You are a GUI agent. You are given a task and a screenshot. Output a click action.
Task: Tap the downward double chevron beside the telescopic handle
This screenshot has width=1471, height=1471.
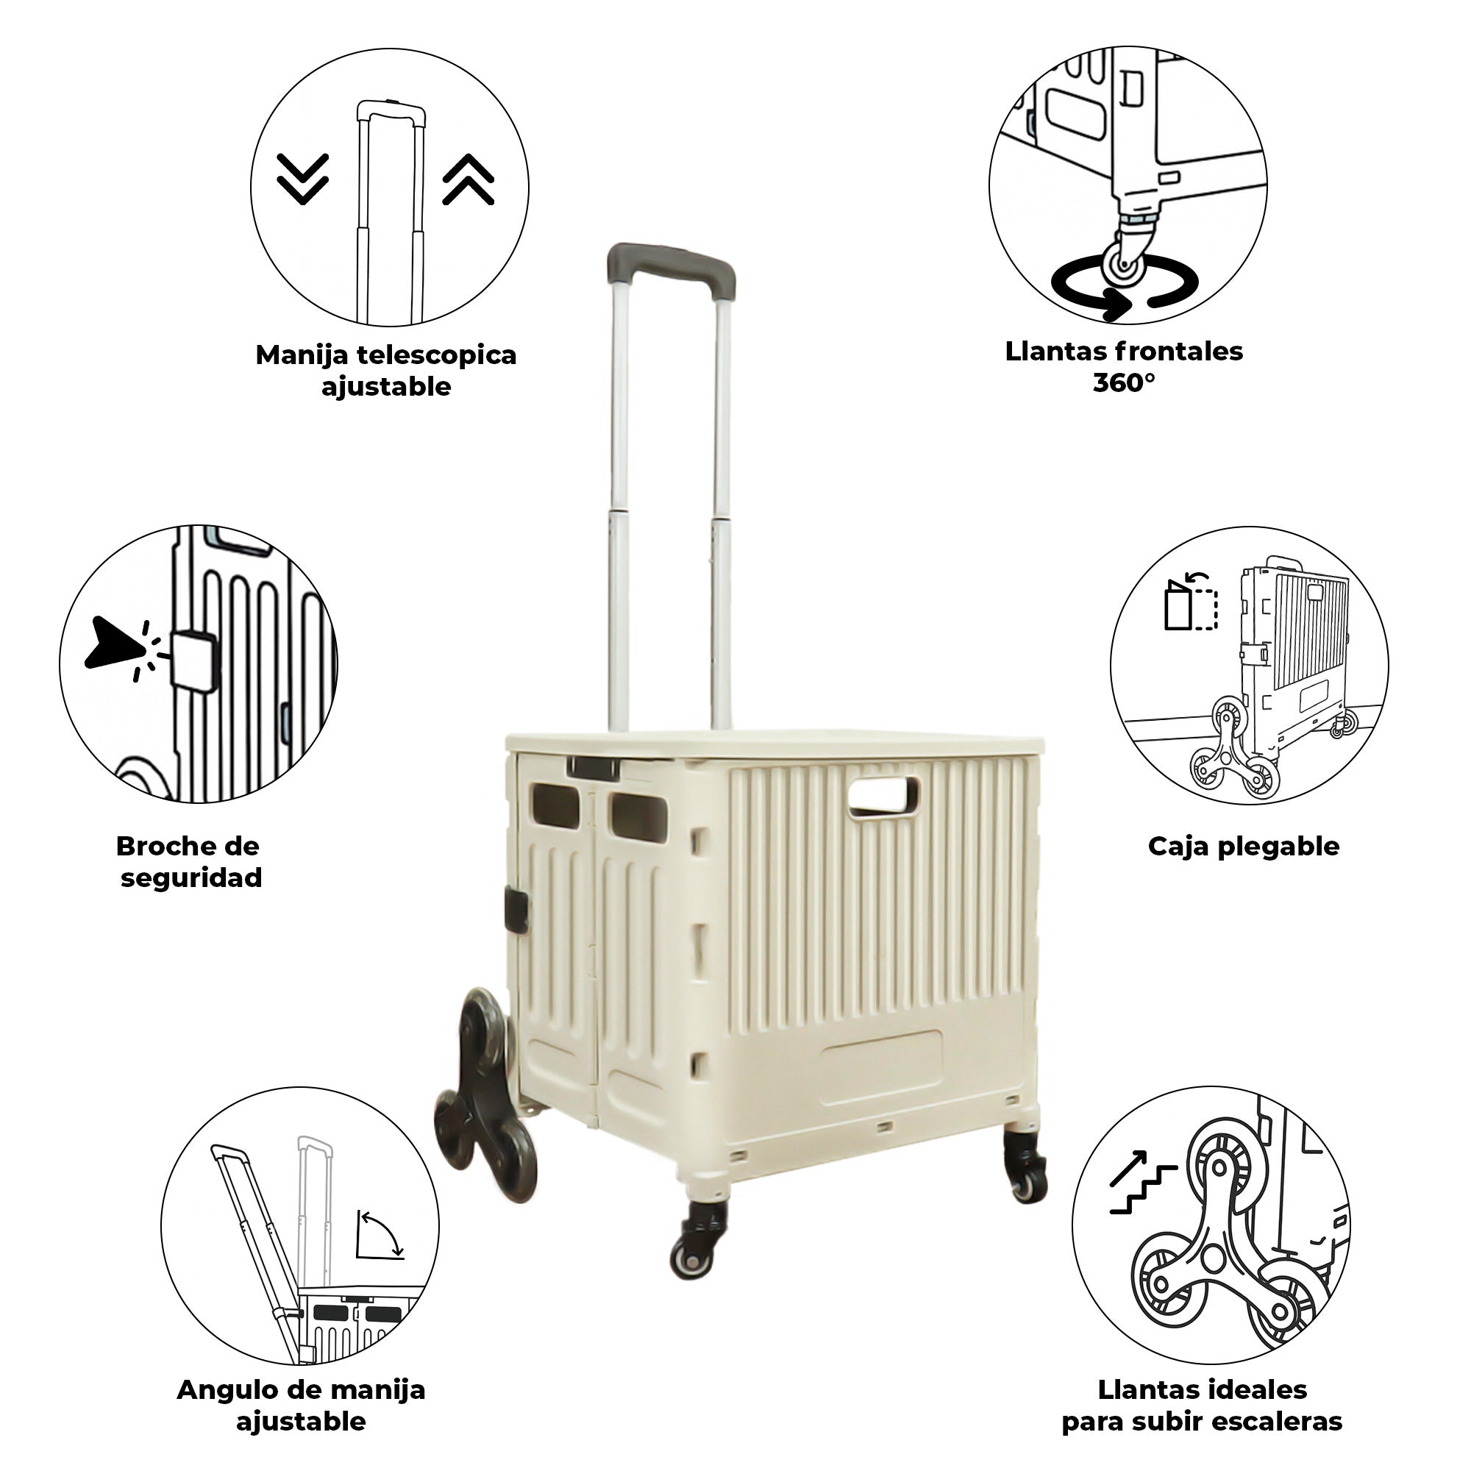[302, 179]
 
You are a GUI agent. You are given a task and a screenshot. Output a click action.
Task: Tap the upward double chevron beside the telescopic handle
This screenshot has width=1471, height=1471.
[469, 179]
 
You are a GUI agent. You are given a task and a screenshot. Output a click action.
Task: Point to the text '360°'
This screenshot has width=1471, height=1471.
[1124, 382]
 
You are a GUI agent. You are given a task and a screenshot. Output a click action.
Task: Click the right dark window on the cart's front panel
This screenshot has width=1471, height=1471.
[637, 813]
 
